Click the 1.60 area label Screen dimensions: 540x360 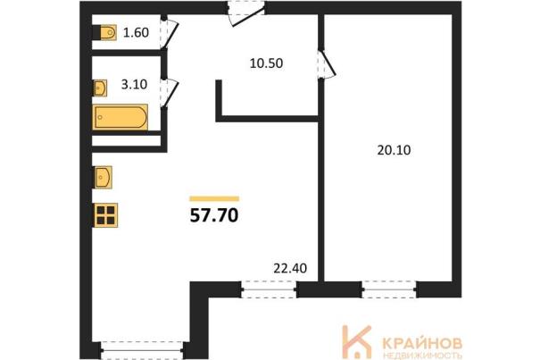[x=136, y=32]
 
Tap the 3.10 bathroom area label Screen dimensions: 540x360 [x=134, y=84]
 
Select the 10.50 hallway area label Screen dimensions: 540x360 [x=266, y=63]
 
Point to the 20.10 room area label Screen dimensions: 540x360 [x=394, y=150]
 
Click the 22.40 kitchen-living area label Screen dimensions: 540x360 [x=290, y=268]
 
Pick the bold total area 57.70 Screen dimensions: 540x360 [x=214, y=216]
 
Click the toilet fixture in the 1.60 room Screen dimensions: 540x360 [x=105, y=33]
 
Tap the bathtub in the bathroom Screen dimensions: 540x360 [x=120, y=117]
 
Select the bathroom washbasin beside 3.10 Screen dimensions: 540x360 [x=100, y=88]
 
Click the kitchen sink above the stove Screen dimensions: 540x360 [x=103, y=177]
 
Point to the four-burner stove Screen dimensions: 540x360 [x=105, y=215]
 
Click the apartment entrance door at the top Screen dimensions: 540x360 [x=246, y=13]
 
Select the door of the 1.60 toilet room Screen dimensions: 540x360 [x=169, y=34]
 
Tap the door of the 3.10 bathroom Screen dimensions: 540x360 [x=169, y=94]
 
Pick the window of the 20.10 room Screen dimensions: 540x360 [x=389, y=289]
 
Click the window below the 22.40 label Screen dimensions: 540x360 [x=269, y=289]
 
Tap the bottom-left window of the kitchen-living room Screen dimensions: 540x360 [x=143, y=350]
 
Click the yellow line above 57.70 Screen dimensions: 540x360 [x=214, y=198]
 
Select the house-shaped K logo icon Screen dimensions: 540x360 [x=356, y=341]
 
